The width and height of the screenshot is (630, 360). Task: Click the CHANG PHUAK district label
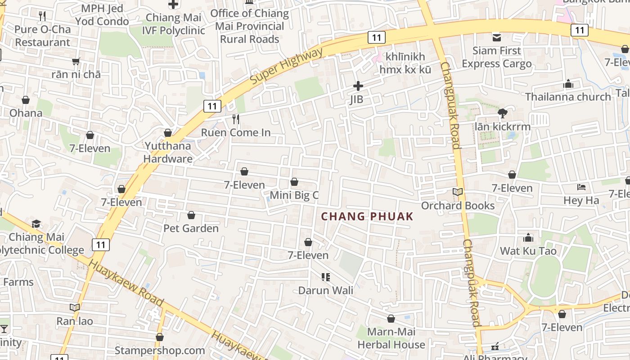(367, 216)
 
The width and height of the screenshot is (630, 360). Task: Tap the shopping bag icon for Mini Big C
(294, 182)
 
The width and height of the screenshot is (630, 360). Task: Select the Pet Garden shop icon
(191, 216)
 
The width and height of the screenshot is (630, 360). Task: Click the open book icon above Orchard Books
(458, 192)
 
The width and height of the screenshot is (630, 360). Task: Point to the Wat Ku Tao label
(528, 251)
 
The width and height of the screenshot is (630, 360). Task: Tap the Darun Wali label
(325, 290)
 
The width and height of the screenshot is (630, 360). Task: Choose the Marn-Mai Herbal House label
(391, 338)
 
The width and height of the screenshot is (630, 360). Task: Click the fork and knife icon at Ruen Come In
(236, 119)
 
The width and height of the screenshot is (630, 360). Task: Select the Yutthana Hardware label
(168, 152)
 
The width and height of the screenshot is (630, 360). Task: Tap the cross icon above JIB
(358, 85)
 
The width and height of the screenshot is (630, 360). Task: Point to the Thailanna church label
(568, 97)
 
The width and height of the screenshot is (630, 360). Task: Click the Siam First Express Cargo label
(496, 57)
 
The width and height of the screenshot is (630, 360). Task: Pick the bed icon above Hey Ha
(581, 187)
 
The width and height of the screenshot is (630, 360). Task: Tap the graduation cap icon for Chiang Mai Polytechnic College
(36, 224)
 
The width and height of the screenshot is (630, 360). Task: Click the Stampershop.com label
(160, 350)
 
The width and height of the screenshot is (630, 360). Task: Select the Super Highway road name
(286, 66)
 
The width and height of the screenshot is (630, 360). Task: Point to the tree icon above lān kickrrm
(503, 113)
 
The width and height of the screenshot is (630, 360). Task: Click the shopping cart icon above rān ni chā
(76, 61)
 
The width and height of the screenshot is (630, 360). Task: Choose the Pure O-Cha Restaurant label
(42, 36)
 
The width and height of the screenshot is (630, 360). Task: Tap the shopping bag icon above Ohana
(26, 100)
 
